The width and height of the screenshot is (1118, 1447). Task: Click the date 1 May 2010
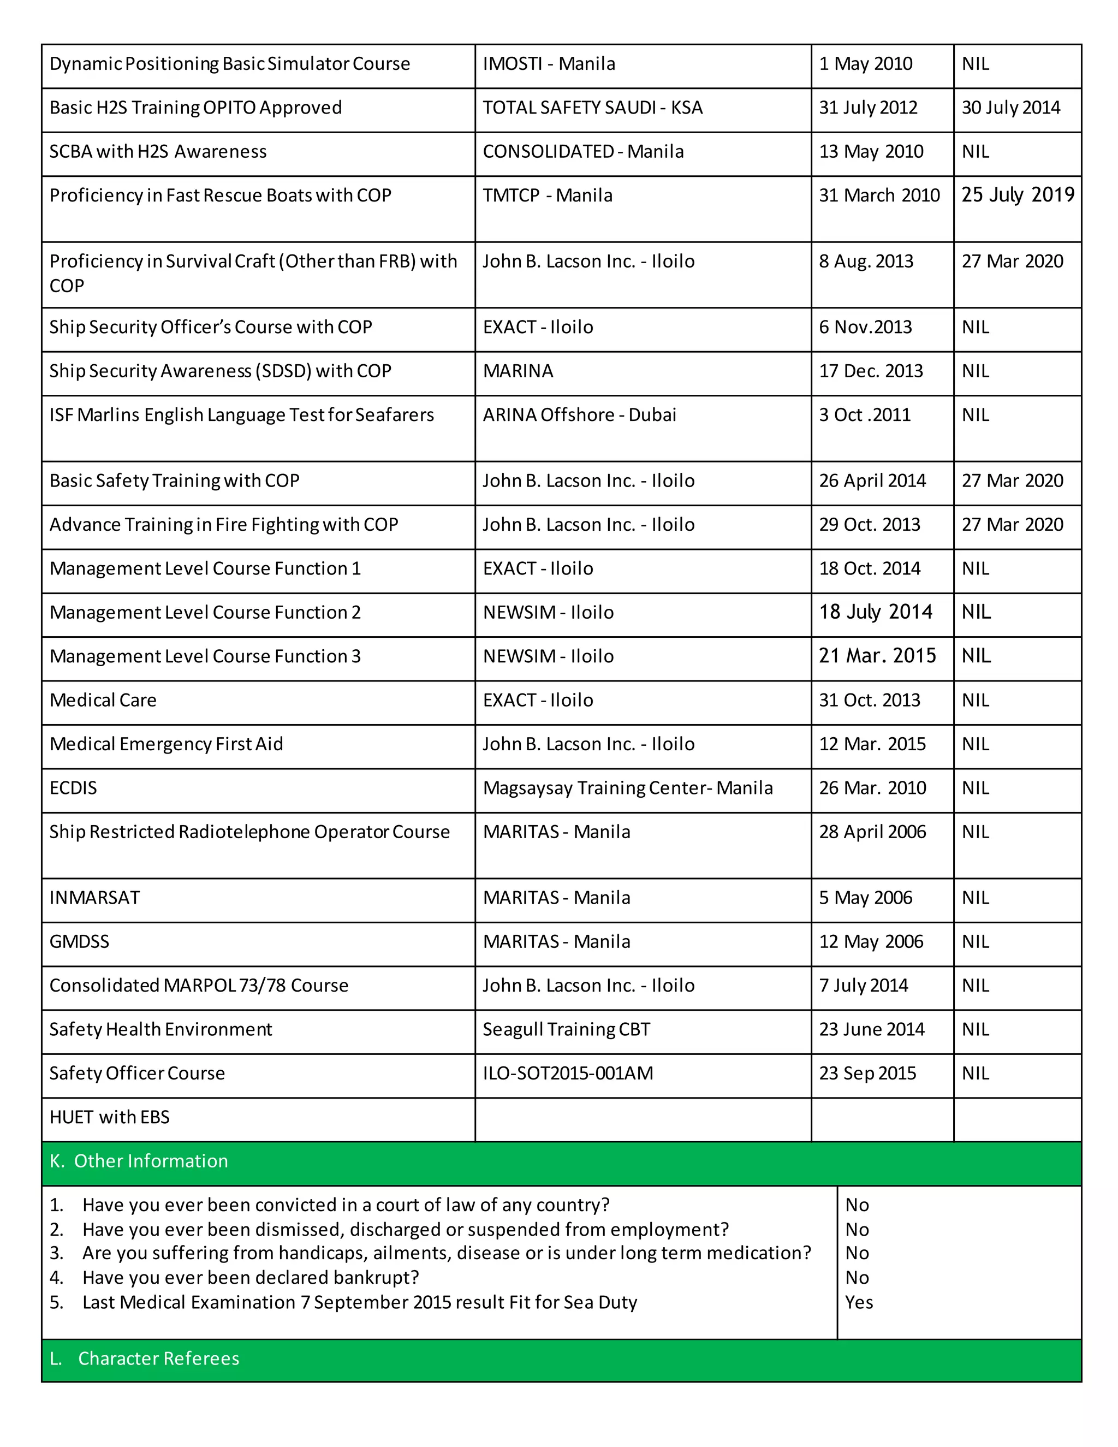pos(865,64)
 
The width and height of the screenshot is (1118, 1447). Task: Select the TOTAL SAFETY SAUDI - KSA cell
pos(592,108)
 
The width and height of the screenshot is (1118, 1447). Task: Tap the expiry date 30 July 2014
pos(1010,108)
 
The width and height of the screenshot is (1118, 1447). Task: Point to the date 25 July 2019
pos(1018,195)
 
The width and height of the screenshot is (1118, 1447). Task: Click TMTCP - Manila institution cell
pos(547,195)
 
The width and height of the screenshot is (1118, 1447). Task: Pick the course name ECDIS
pos(73,788)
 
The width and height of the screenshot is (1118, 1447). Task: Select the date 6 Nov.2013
pos(865,327)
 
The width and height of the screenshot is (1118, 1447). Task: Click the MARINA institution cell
pos(518,371)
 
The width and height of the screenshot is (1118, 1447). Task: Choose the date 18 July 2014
pos(875,612)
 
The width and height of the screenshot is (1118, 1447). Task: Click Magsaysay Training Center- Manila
pos(627,788)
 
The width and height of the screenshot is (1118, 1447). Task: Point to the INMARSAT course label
pos(94,898)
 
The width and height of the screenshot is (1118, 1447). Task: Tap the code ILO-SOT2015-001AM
pos(568,1074)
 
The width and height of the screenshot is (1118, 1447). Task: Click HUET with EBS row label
pos(109,1117)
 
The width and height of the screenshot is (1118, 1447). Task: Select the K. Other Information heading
pos(139,1161)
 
